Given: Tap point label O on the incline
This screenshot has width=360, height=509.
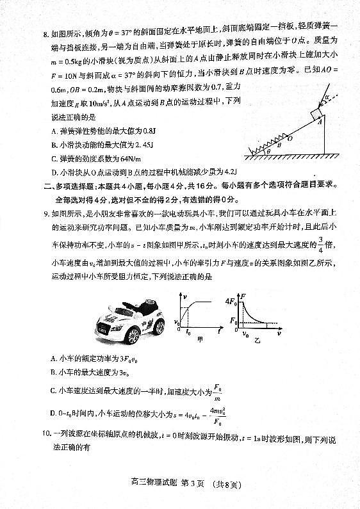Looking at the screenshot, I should point(290,137).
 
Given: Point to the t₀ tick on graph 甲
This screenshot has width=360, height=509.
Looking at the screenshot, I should point(189,333).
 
